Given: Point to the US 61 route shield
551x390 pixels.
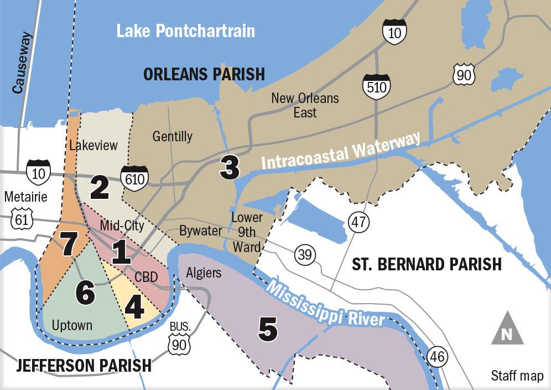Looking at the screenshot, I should pos(22,219).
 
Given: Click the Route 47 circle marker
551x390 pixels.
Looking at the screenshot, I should pos(357,223).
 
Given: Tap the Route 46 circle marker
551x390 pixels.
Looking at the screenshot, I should pos(437,357).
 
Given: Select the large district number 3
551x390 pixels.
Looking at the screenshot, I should pos(230,168).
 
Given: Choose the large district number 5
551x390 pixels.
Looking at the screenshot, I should pos(268,330).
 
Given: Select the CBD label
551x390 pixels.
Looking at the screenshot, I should pos(147,276).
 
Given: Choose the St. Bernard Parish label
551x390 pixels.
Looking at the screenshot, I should pos(427,264).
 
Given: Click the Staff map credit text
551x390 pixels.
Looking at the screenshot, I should pos(517,376).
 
